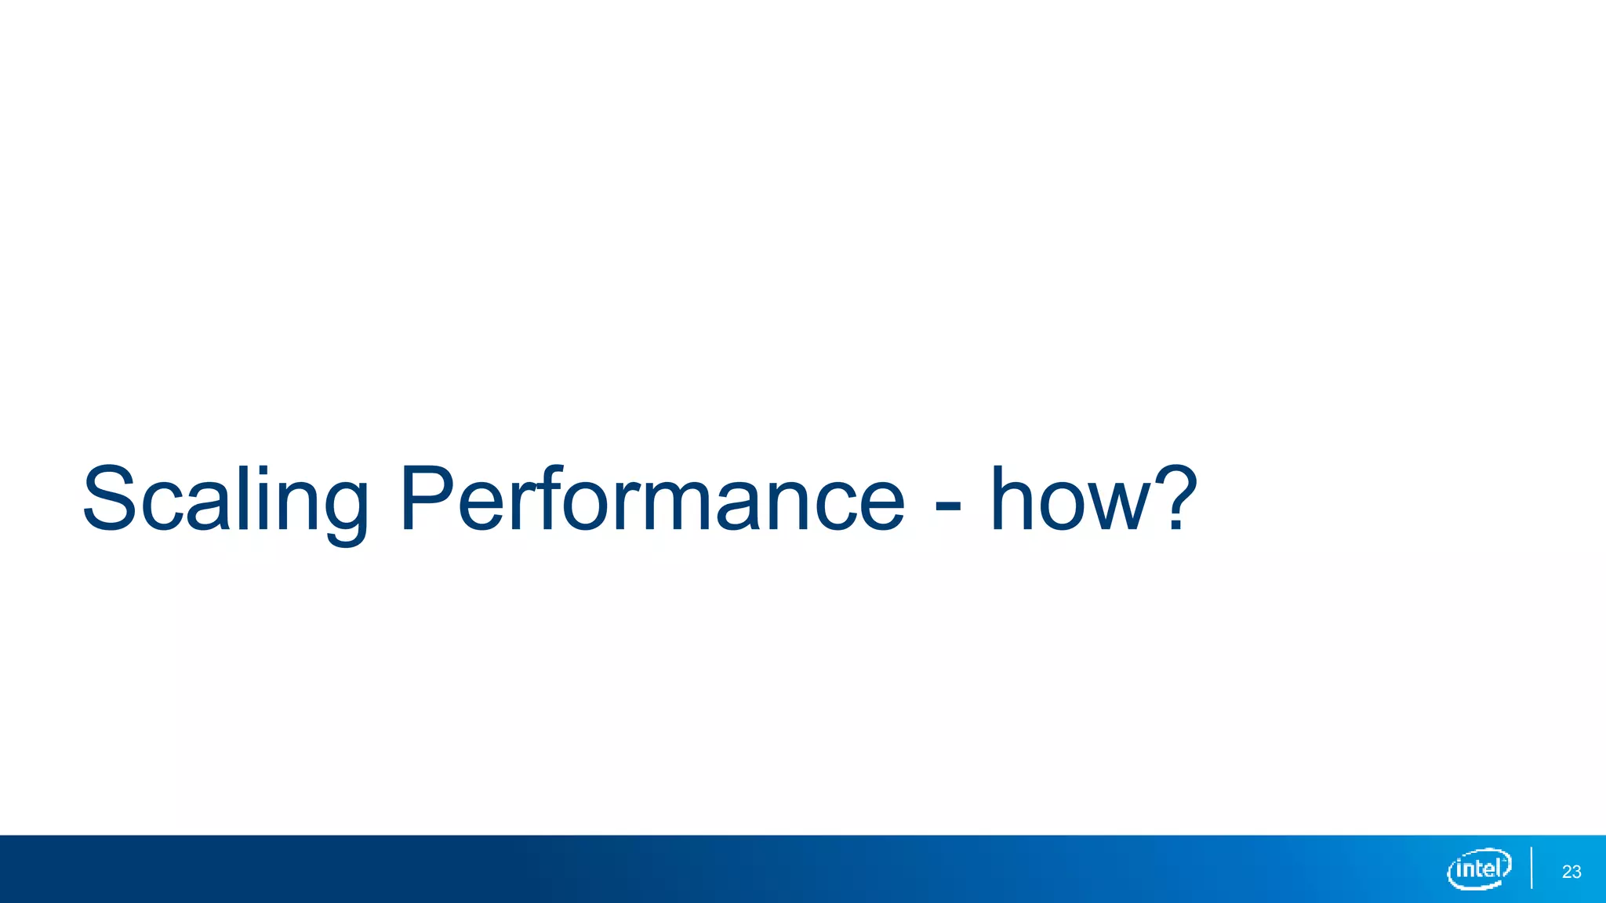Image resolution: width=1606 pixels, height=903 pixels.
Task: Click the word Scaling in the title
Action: [x=225, y=500]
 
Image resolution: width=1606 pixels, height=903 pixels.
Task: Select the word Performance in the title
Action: [x=652, y=500]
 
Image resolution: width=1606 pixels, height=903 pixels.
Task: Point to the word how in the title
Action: [x=1070, y=500]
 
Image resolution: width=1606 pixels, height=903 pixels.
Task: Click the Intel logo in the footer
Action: [x=1479, y=869]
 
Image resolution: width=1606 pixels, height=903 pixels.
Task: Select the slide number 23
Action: [x=1571, y=872]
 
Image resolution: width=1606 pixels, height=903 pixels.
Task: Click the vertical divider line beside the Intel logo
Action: [x=1531, y=868]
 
